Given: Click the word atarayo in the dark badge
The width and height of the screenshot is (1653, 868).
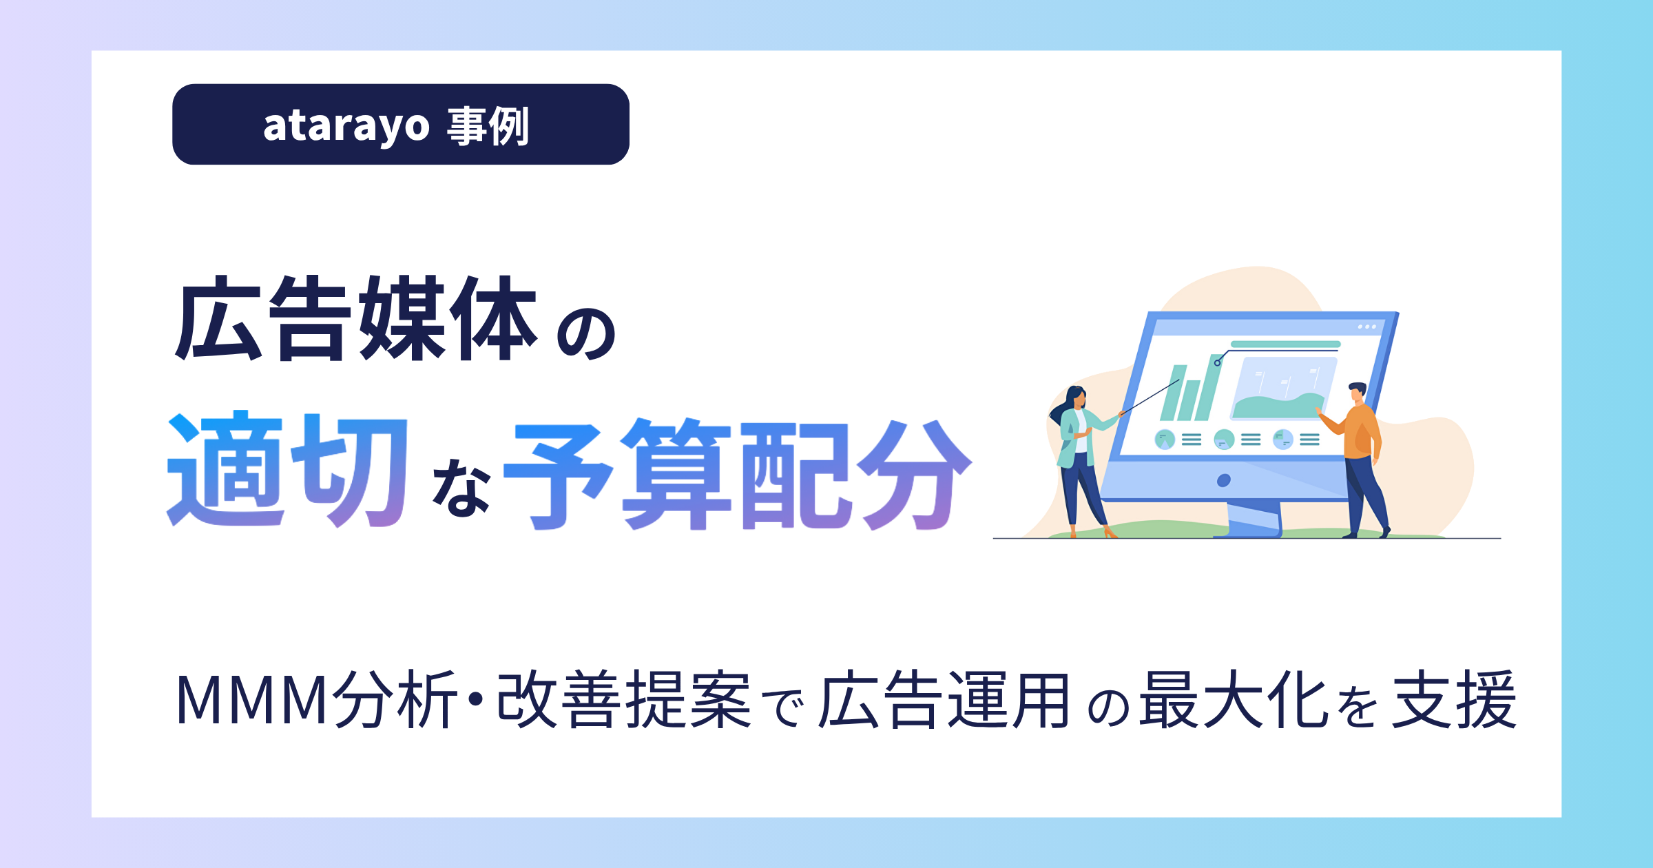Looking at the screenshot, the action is tap(346, 126).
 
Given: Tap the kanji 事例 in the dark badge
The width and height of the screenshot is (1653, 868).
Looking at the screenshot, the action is tap(488, 126).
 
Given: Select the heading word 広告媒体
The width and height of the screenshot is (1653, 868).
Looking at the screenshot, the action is tap(356, 318).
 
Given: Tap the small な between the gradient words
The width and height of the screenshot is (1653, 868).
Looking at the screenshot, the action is tap(461, 488).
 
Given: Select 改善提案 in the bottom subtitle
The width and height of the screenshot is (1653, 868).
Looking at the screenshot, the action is tap(624, 700).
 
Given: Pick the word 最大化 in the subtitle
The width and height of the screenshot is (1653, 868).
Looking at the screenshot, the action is tap(1233, 700).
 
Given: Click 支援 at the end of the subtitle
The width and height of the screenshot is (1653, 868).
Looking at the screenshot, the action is tap(1455, 700).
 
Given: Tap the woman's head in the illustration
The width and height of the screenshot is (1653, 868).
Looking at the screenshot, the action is tap(1076, 398).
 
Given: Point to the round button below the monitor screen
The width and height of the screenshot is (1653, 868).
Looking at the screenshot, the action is tap(1224, 480).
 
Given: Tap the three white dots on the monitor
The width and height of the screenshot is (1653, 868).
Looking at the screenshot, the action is tap(1366, 327).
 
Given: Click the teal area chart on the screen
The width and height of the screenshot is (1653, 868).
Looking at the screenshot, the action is tap(1278, 406).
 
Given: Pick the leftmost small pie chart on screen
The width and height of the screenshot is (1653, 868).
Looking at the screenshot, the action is tap(1165, 439).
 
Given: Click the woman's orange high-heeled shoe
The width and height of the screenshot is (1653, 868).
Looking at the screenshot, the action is tap(1110, 532).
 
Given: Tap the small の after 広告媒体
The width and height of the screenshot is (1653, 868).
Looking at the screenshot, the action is tap(586, 333).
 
